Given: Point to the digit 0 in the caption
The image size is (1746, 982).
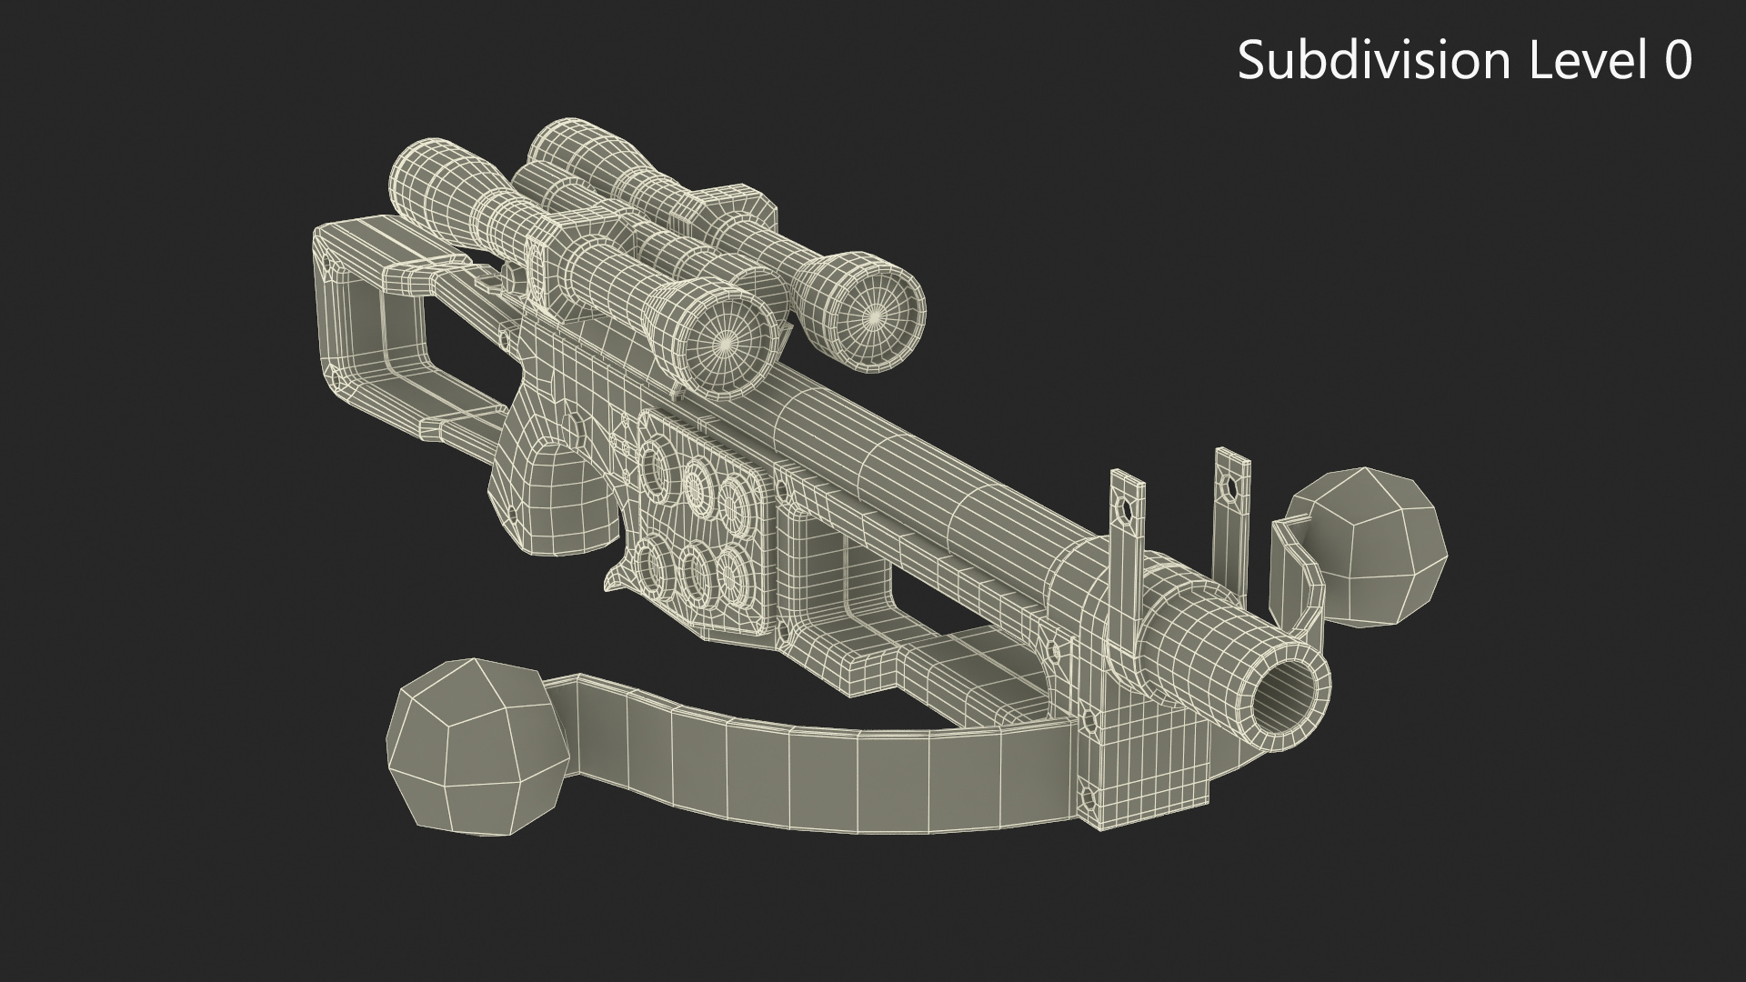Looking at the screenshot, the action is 1676,62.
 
